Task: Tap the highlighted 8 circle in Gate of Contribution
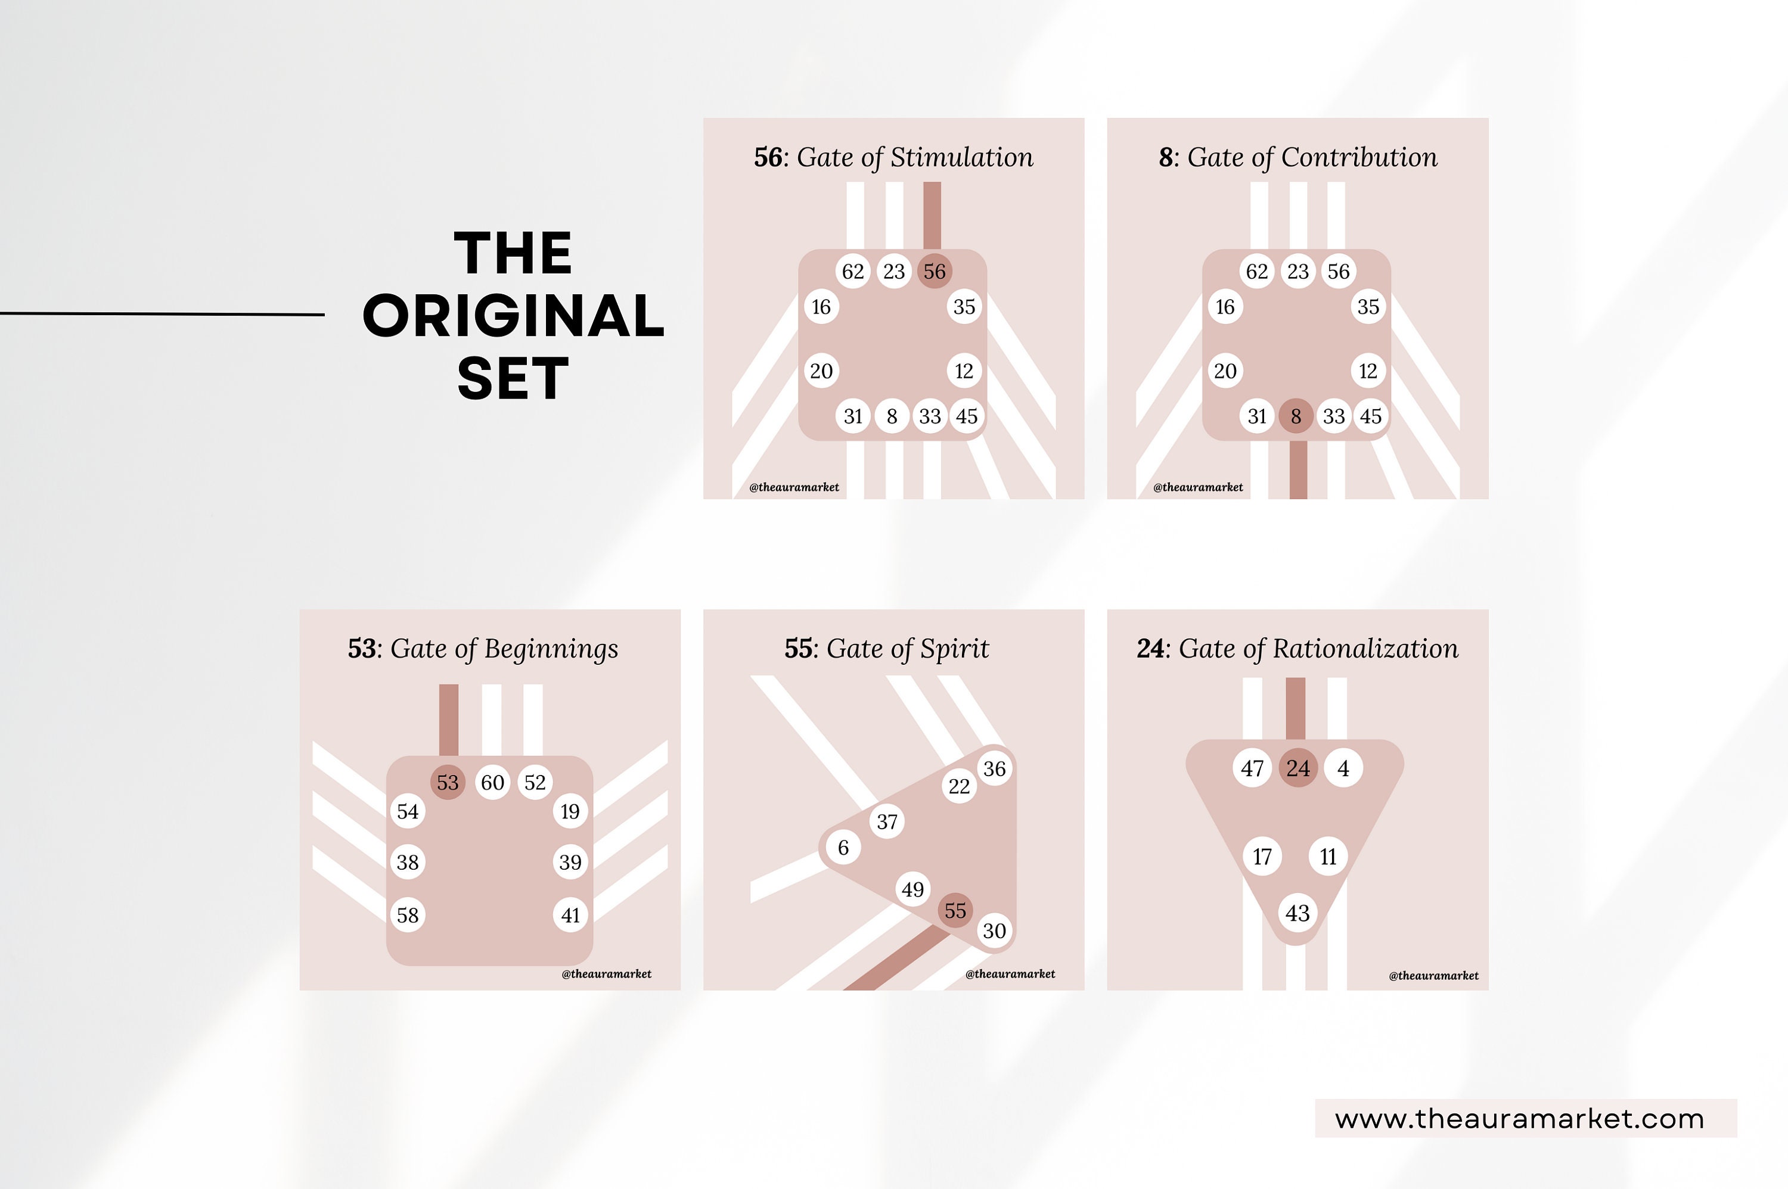[1296, 416]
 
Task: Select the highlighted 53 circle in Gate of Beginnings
[448, 782]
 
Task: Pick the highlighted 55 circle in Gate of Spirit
[955, 910]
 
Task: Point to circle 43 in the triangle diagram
[1297, 913]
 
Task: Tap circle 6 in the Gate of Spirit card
[843, 847]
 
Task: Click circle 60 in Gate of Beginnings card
[492, 782]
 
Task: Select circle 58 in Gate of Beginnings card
[407, 914]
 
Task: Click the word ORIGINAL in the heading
[514, 316]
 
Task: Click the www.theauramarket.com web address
[1519, 1119]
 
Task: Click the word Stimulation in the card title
[961, 157]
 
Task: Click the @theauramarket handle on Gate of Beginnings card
[606, 973]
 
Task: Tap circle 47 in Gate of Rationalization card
[1252, 768]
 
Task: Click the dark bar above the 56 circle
[932, 214]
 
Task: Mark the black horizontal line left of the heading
[162, 313]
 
